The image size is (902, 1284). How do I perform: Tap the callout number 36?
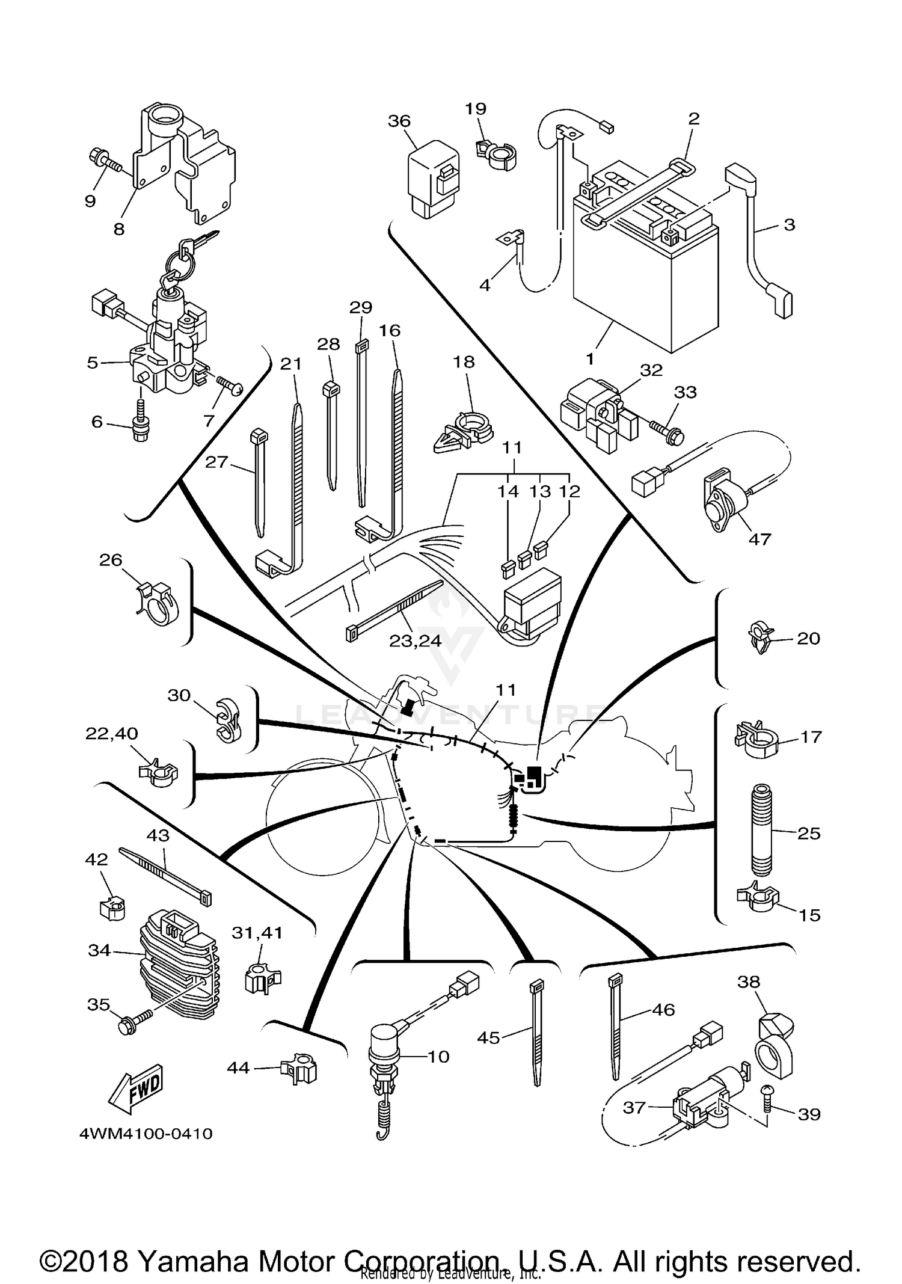(399, 121)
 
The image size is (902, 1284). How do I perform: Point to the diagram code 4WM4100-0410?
(146, 1134)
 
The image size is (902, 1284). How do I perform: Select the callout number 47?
(759, 539)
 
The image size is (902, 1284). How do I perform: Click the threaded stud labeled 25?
(761, 831)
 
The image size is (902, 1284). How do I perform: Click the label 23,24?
(415, 641)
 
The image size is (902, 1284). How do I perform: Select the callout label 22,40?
(111, 734)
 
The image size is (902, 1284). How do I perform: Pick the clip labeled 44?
(299, 1068)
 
